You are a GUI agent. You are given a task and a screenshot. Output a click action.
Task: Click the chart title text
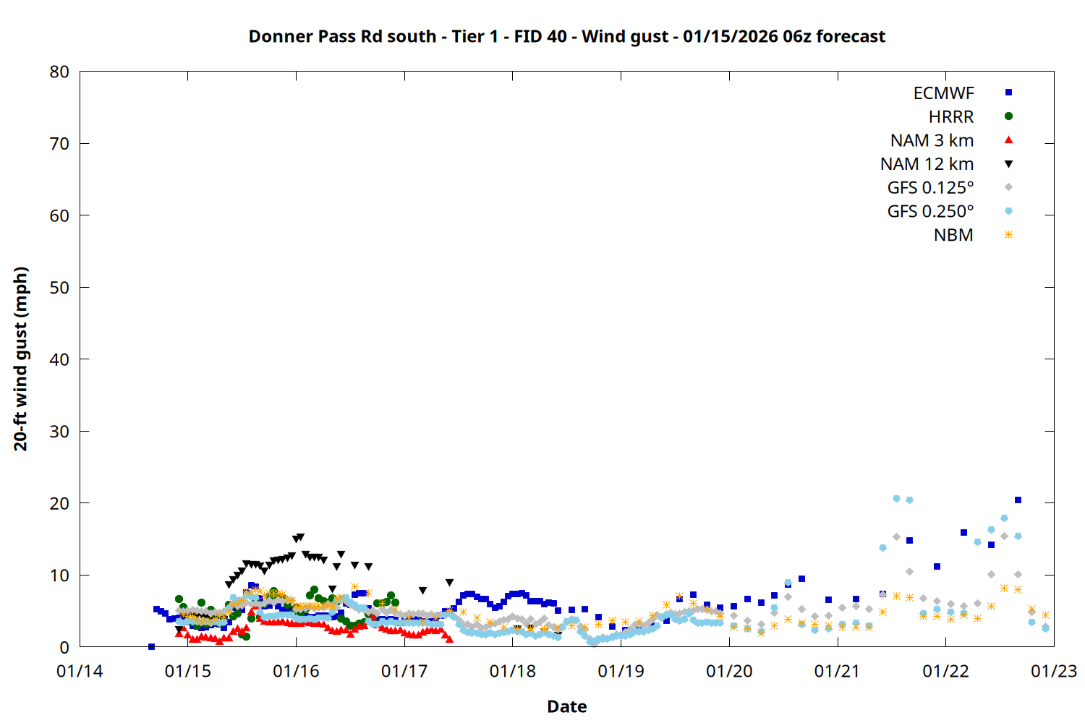click(566, 36)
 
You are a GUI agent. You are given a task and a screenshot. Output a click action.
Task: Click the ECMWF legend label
click(943, 93)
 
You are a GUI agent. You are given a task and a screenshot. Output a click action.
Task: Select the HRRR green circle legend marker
click(1008, 116)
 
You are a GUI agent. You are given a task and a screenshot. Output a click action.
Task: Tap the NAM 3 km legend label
click(932, 140)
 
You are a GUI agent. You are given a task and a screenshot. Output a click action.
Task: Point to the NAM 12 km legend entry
click(927, 164)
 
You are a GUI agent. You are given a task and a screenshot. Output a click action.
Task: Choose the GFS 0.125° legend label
click(930, 188)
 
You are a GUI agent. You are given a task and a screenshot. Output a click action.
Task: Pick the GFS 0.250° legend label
click(930, 211)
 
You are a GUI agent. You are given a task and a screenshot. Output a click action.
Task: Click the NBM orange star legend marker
click(1008, 235)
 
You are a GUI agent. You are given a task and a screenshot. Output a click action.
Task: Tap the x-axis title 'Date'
click(566, 706)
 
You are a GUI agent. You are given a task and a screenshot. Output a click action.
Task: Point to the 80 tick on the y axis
click(59, 72)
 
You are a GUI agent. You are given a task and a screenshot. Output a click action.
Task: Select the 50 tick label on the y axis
click(59, 288)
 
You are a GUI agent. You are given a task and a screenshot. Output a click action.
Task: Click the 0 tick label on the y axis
click(64, 647)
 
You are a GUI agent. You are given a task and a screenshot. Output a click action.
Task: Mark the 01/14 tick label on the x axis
click(80, 672)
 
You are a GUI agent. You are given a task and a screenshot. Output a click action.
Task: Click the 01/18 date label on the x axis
click(512, 672)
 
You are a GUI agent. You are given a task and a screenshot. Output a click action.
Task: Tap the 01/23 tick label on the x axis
click(1053, 672)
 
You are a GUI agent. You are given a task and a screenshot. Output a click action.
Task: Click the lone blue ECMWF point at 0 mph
click(151, 646)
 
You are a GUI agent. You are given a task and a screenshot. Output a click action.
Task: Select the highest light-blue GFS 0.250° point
click(896, 499)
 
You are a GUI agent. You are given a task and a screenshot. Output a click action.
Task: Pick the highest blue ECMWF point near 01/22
click(1018, 500)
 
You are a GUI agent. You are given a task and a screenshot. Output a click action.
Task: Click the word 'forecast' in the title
click(850, 36)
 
